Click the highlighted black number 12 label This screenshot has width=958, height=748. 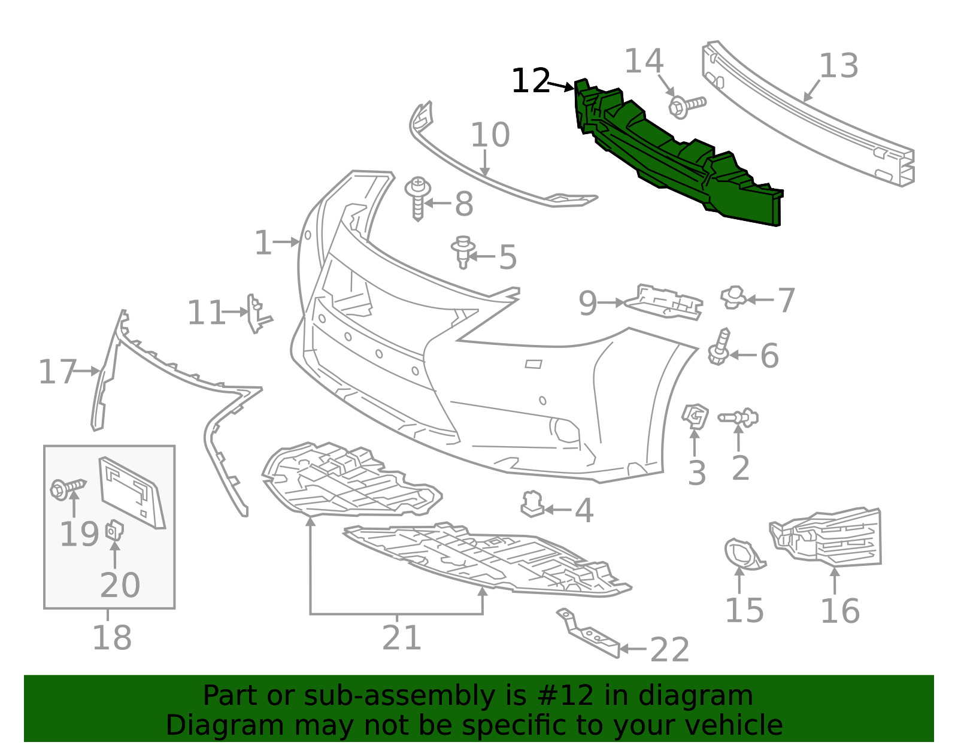pyautogui.click(x=531, y=81)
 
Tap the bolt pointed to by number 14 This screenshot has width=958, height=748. pyautogui.click(x=687, y=106)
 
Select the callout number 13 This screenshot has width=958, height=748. pyautogui.click(x=838, y=66)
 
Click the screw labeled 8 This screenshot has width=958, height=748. pyautogui.click(x=417, y=198)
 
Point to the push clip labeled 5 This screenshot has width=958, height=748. pyautogui.click(x=463, y=252)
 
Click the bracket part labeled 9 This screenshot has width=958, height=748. pyautogui.click(x=663, y=302)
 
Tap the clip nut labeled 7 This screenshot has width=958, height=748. pyautogui.click(x=733, y=298)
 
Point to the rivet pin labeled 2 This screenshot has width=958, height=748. pyautogui.click(x=738, y=417)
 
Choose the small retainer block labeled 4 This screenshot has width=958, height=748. pyautogui.click(x=532, y=504)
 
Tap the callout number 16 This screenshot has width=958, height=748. pyautogui.click(x=840, y=612)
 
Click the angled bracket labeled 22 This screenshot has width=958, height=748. pyautogui.click(x=588, y=633)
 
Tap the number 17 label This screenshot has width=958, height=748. pyautogui.click(x=57, y=371)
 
